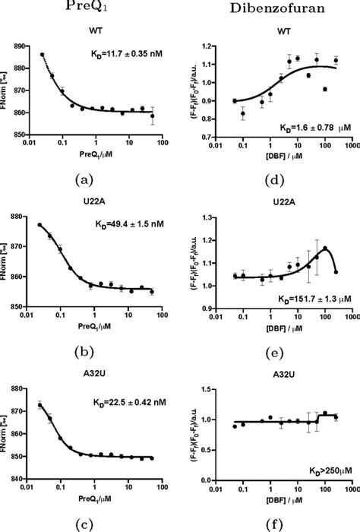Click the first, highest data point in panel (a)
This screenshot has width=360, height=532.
[42, 55]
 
